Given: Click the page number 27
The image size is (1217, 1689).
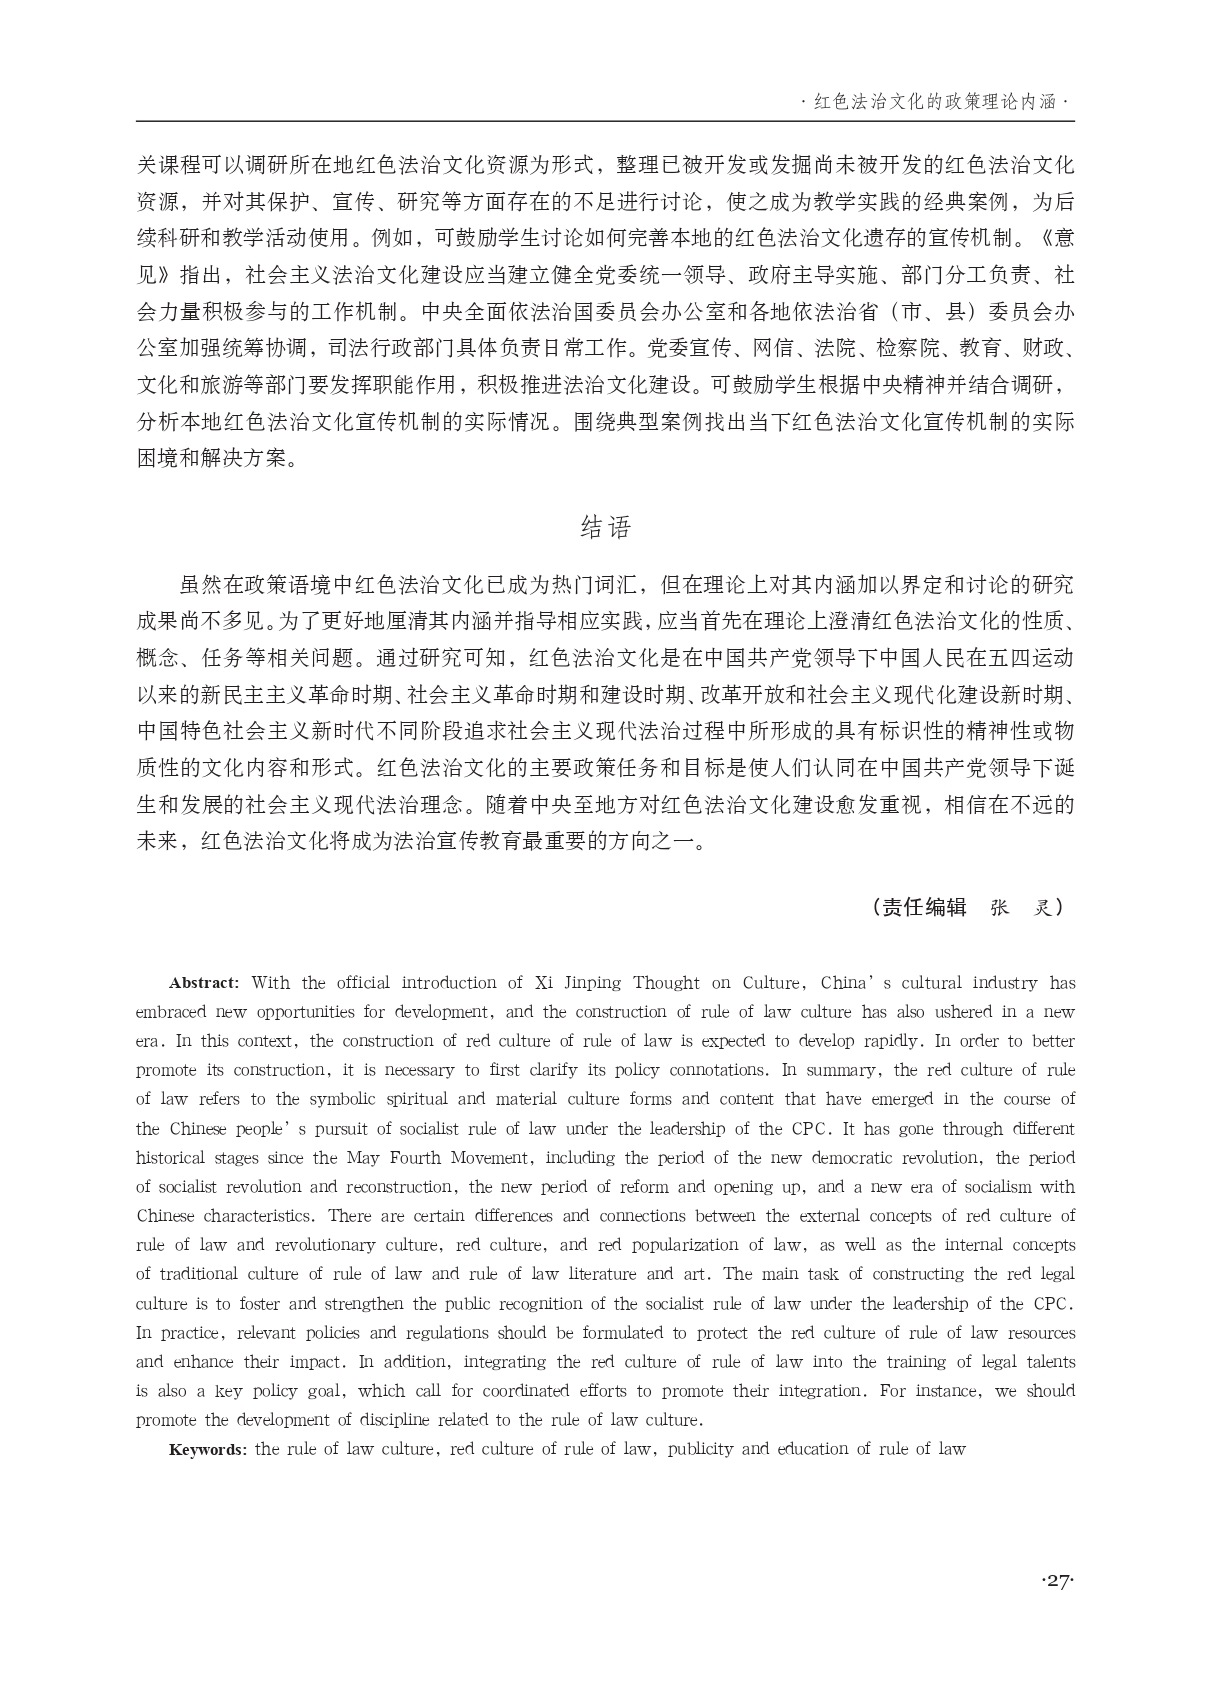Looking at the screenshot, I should click(x=1057, y=1581).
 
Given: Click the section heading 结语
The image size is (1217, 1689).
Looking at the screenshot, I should click(x=606, y=527).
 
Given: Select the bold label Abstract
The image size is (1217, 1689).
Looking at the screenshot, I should click(x=203, y=983).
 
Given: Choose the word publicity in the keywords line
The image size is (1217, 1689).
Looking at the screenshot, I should click(x=700, y=1449).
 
